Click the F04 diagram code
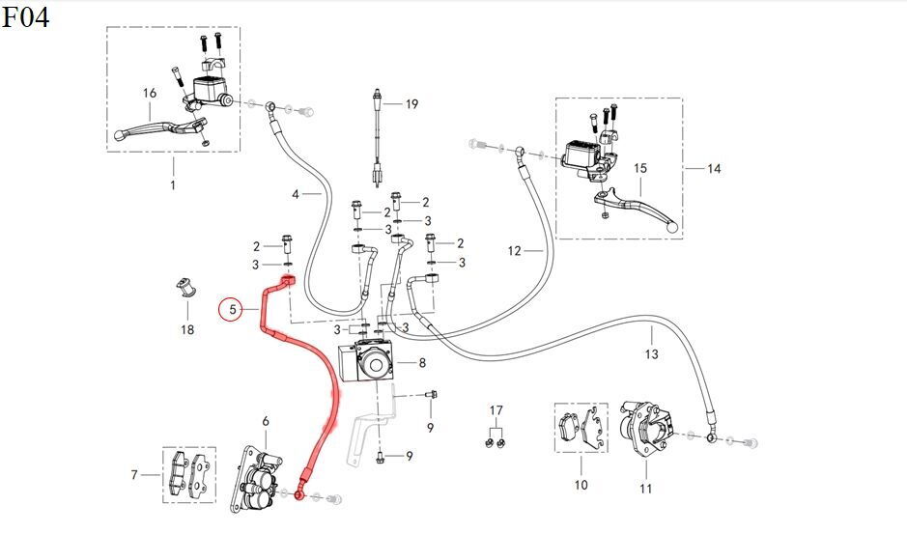click(26, 17)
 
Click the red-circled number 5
click(231, 310)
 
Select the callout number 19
click(411, 104)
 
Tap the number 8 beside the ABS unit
click(422, 363)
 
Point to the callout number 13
click(651, 354)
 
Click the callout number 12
click(514, 251)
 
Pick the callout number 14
click(714, 169)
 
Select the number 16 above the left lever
click(150, 94)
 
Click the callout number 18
click(187, 330)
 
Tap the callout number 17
click(496, 410)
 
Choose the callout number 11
click(645, 489)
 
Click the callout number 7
click(134, 474)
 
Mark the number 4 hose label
click(297, 194)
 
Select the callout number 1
click(173, 184)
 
